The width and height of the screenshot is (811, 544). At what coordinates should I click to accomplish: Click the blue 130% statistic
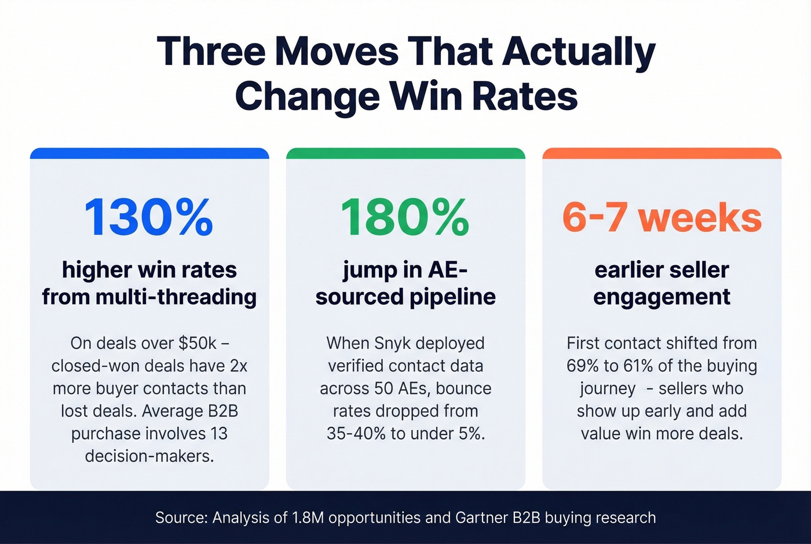[149, 217]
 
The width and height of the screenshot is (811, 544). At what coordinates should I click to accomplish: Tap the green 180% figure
[405, 217]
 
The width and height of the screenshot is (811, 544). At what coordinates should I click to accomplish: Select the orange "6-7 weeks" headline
[662, 218]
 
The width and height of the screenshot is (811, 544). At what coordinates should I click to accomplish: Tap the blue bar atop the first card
[149, 154]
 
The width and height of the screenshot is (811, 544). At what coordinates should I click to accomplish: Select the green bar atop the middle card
[405, 154]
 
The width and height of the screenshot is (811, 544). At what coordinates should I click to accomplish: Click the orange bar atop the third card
[662, 154]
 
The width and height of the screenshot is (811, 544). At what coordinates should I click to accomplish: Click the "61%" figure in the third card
[638, 366]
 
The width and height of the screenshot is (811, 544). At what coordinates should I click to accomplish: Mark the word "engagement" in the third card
[662, 297]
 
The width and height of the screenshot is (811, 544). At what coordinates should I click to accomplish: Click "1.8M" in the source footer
[309, 517]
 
